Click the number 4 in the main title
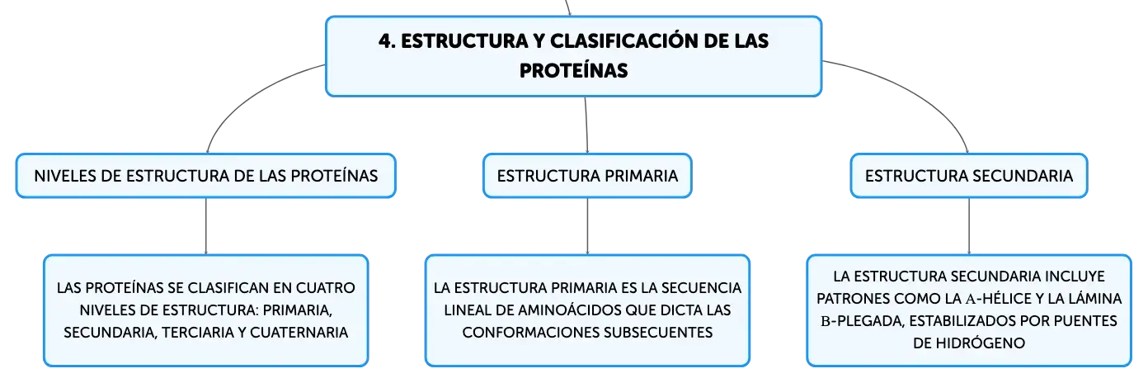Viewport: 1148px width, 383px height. pos(385,41)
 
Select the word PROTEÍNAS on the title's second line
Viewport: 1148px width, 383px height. pos(573,71)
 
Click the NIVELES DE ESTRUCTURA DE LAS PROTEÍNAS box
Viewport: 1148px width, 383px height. pos(206,176)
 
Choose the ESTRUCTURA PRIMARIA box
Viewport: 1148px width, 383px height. pos(587,176)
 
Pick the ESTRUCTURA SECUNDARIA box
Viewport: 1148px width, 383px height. pos(968,176)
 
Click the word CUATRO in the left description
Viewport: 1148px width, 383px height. pos(326,287)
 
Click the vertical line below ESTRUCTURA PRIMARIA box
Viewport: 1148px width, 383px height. pos(587,226)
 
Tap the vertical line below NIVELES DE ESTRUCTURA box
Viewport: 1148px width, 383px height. pos(206,226)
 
